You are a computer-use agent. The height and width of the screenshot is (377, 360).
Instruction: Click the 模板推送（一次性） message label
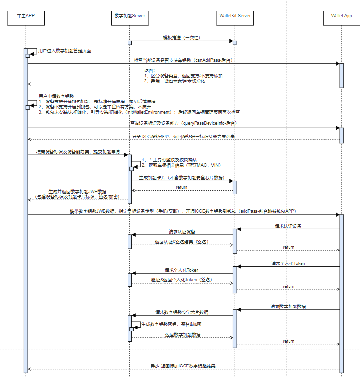182,37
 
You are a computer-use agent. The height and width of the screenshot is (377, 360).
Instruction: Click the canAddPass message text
184,60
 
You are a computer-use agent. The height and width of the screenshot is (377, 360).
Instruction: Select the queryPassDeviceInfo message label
184,124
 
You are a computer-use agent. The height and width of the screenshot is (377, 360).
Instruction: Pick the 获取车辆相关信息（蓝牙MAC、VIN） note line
181,165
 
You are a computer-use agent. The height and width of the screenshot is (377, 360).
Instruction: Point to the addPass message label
184,211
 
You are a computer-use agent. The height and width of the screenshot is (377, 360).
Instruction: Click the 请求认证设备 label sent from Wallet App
288,226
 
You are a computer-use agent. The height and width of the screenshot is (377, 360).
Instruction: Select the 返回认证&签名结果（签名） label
181,242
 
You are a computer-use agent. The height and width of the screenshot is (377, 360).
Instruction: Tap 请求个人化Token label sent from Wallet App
288,263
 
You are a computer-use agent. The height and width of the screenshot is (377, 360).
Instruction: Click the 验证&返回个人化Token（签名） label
182,279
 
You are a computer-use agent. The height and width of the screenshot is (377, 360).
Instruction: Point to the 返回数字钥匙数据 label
183,334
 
